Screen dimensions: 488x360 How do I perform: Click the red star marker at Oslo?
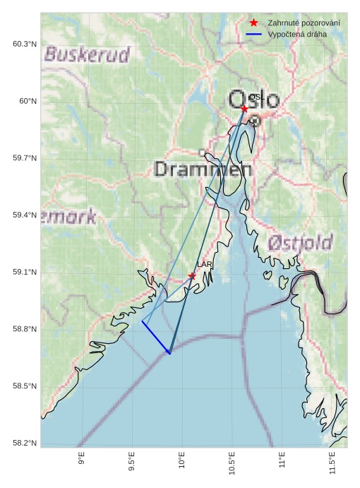tap(244, 109)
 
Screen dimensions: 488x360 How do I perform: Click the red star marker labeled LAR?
tap(192, 275)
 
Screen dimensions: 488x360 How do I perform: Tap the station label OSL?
tap(256, 97)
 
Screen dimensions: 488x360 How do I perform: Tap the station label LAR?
tap(204, 265)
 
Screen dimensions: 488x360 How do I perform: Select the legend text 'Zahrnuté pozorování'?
tap(304, 23)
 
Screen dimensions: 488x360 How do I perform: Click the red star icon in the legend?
tap(254, 23)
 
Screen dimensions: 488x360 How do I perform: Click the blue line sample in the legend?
tap(254, 34)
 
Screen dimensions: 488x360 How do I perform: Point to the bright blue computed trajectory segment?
tap(156, 338)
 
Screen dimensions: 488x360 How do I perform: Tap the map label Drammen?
tap(203, 169)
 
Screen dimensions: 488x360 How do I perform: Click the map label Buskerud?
tap(88, 54)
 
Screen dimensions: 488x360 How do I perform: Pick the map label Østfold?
tap(300, 244)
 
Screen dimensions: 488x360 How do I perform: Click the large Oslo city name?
tap(254, 100)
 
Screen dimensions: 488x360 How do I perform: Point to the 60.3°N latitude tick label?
tap(25, 44)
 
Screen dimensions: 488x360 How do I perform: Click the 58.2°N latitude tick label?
tap(25, 444)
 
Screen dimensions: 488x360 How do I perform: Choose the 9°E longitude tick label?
tap(82, 460)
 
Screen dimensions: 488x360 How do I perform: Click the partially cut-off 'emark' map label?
tap(68, 217)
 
